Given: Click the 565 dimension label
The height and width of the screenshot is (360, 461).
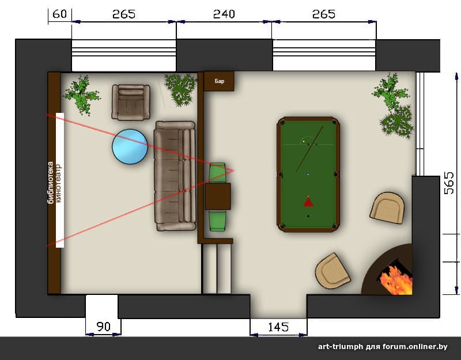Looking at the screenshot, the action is click(449, 183).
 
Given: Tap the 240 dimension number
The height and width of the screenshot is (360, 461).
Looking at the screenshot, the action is click(224, 14).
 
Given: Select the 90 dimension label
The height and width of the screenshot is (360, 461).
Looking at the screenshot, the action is click(104, 327).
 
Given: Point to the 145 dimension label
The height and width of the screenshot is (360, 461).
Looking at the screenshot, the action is click(278, 327).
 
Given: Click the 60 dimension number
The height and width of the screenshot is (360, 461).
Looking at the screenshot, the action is click(60, 14).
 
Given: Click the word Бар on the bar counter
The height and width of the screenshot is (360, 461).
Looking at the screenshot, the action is click(220, 81).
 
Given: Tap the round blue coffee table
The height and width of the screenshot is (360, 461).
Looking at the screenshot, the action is click(130, 147).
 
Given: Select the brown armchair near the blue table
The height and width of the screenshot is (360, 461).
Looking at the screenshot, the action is click(131, 103).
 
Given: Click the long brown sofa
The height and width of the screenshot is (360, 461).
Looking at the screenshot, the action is click(175, 176).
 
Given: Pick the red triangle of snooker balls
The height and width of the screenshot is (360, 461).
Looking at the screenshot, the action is click(308, 202).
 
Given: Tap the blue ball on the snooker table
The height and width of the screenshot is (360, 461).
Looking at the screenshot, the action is click(308, 175).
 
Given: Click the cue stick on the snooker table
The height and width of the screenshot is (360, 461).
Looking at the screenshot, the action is click(309, 149).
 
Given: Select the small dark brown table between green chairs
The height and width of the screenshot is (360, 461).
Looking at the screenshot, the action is click(218, 196).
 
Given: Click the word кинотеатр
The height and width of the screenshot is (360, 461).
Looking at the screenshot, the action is click(59, 183).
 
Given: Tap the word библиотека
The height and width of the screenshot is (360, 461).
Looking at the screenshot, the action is click(51, 183).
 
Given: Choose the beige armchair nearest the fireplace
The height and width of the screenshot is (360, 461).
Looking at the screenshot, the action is click(333, 271).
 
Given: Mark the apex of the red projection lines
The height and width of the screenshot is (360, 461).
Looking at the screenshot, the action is click(234, 170).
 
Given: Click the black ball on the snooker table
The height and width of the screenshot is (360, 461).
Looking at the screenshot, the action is click(308, 216).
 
